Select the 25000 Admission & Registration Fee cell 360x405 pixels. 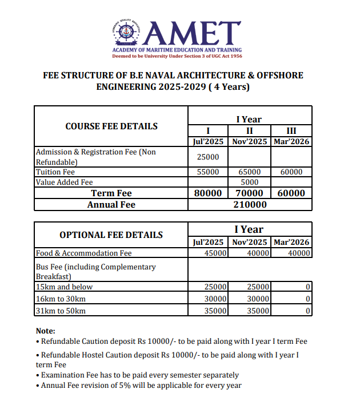(x=208, y=157)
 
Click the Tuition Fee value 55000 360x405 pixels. (x=208, y=172)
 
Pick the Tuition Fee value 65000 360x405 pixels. (x=249, y=172)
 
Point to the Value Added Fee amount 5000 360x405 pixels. (x=249, y=182)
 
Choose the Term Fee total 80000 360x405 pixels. (x=208, y=193)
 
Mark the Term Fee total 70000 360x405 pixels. (x=249, y=193)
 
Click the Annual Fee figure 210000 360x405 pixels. (x=250, y=204)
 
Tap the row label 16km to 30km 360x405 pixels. (x=61, y=299)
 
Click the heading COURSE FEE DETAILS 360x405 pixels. (x=111, y=126)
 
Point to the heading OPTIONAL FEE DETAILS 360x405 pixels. (x=111, y=235)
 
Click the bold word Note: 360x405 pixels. (x=46, y=331)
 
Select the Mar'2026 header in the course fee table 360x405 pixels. (x=291, y=141)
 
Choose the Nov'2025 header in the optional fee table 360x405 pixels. (x=249, y=242)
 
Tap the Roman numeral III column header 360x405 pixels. (x=291, y=130)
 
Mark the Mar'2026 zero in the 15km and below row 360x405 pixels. (x=307, y=287)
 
